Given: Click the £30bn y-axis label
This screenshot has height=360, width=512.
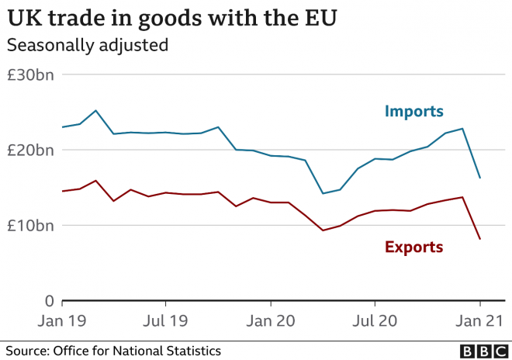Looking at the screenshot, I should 30,75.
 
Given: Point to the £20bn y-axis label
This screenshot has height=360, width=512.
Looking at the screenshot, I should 30,151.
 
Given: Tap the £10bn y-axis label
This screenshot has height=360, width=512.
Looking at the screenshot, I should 30,226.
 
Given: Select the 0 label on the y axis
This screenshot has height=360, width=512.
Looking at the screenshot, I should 48,301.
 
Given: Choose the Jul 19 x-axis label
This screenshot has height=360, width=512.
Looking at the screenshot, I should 165,320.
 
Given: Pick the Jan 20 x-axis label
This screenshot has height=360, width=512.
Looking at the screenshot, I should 270,320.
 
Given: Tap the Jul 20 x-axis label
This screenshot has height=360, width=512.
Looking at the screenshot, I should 375,320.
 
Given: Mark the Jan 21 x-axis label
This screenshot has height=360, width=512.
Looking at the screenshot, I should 479,320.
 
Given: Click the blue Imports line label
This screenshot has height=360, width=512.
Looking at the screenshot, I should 413,112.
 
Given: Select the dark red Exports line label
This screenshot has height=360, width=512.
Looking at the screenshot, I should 413,247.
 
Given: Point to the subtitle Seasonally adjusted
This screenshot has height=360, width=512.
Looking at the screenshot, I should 88,45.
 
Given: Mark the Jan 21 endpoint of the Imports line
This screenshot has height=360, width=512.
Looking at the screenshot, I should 479,178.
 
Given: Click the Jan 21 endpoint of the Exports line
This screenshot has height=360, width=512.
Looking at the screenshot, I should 479,239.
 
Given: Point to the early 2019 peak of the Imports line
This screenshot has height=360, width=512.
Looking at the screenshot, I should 95,110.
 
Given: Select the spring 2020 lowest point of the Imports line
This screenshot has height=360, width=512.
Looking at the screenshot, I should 323,193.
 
